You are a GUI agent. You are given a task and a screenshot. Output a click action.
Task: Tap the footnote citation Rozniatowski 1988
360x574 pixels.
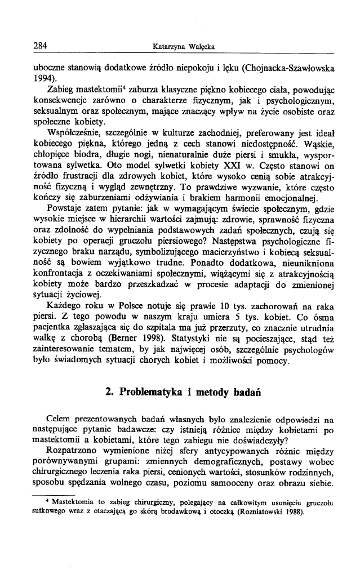click(261, 513)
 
